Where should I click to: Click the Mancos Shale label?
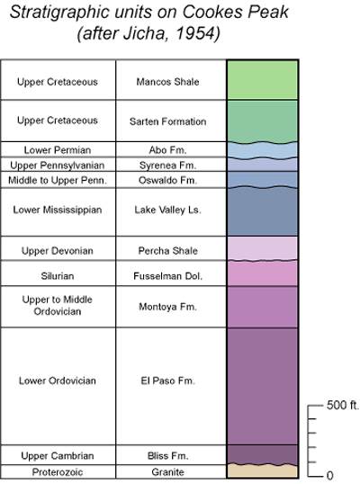pos(167,82)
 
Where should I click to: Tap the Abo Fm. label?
pos(167,150)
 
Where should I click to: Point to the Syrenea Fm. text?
pos(167,166)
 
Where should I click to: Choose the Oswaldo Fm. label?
pos(167,180)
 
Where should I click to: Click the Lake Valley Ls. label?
pos(167,210)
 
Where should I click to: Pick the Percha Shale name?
pos(167,251)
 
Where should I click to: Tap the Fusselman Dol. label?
pos(167,275)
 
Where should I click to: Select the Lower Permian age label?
pos(58,150)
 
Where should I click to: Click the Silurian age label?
pos(58,275)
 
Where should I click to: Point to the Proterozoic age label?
pos(58,472)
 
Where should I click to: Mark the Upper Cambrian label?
pos(58,455)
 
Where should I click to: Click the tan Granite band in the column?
pos(263,471)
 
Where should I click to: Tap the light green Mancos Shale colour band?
pos(263,80)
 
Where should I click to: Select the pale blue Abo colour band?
pos(263,150)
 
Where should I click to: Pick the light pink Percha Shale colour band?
pos(263,248)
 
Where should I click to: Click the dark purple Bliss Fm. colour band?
pos(263,454)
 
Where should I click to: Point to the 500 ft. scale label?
pos(343,405)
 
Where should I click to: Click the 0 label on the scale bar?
pos(329,475)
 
